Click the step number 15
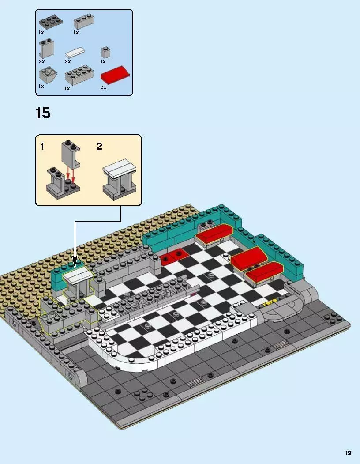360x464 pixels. (x=43, y=113)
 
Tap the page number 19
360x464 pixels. (x=348, y=453)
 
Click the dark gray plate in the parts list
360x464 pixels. (x=49, y=23)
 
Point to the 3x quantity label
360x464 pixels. (x=104, y=88)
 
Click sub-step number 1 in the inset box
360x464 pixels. (x=42, y=147)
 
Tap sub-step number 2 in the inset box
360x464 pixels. (x=99, y=147)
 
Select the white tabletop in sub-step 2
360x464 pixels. (x=120, y=171)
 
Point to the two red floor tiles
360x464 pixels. (x=173, y=256)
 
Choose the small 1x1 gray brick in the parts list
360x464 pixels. (x=105, y=52)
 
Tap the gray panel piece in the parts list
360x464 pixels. (x=45, y=49)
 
